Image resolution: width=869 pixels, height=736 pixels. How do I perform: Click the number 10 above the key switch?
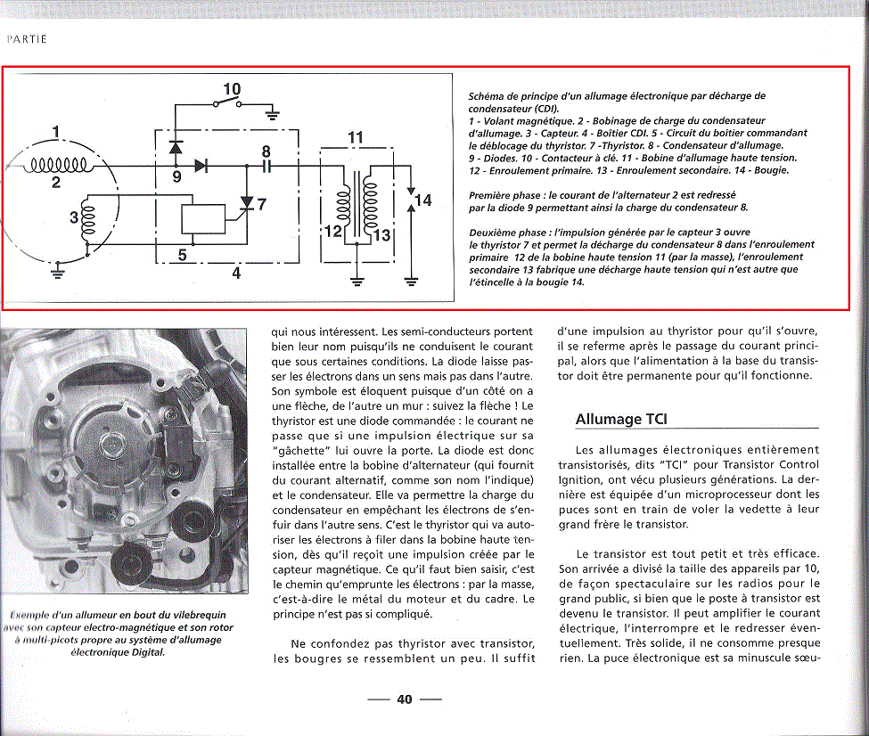pos(232,89)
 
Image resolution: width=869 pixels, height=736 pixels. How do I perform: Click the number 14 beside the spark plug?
pos(422,200)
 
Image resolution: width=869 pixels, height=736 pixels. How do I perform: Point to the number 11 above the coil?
pos(356,138)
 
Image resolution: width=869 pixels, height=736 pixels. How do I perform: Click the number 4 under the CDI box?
pos(236,274)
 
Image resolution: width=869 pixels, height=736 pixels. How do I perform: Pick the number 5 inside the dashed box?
pos(182,254)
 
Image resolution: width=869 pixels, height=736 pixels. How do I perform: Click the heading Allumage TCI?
pos(621,420)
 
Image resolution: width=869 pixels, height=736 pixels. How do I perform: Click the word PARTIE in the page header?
pos(26,39)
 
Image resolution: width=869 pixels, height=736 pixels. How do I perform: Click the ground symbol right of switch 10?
pos(271,112)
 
